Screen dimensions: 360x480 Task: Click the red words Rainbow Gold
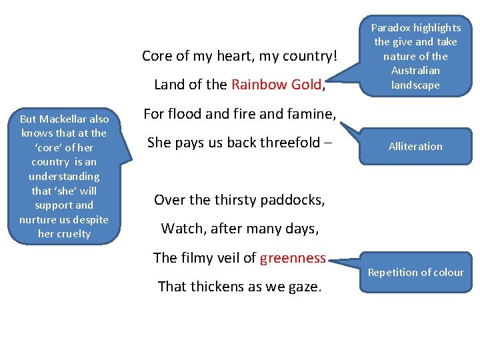coord(276,85)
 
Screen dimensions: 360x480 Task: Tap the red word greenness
coord(293,258)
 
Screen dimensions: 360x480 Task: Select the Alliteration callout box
coord(415,147)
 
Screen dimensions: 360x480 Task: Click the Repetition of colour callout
coord(415,272)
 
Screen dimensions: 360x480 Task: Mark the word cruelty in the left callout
coord(73,234)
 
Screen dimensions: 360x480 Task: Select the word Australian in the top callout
coord(415,71)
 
